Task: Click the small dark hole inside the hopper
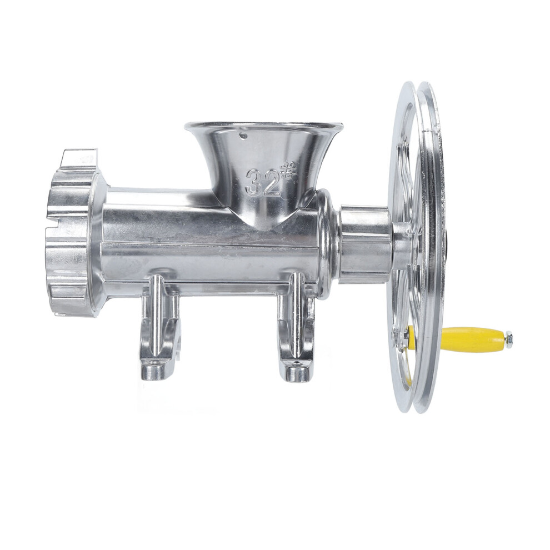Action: (x=242, y=134)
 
